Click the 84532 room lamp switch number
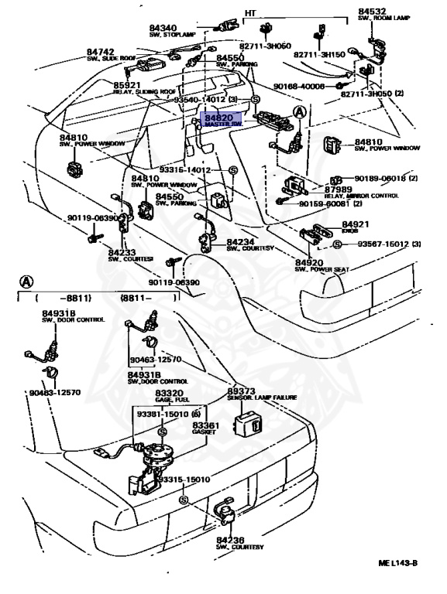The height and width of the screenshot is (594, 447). [x=372, y=12]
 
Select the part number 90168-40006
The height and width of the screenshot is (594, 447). [x=298, y=87]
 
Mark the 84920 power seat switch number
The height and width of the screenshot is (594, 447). [x=311, y=263]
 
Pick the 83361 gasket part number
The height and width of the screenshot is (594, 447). [x=205, y=426]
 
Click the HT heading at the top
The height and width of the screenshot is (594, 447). [x=251, y=13]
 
